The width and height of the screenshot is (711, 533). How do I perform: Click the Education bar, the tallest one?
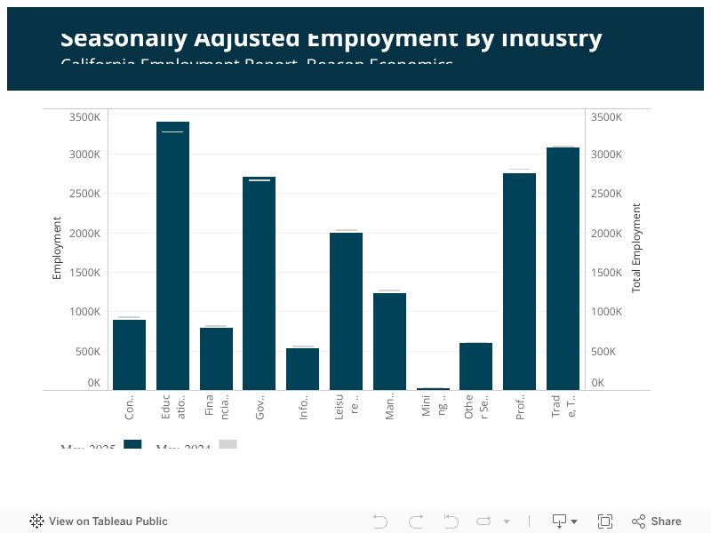(x=172, y=258)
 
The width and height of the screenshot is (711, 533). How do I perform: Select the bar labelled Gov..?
(x=259, y=284)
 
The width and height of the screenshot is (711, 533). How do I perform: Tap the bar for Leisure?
(x=346, y=311)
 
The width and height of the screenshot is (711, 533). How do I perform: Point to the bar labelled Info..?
(x=302, y=369)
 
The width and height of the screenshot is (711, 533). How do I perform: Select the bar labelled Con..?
(x=129, y=354)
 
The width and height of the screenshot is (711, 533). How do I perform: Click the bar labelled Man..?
(x=389, y=341)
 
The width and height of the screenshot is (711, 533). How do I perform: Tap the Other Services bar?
(x=475, y=366)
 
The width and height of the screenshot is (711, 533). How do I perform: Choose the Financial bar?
(x=216, y=359)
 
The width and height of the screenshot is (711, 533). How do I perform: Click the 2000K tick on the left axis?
(x=86, y=234)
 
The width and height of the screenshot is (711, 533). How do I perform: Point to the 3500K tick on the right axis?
(x=607, y=117)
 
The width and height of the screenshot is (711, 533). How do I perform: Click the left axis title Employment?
(x=57, y=248)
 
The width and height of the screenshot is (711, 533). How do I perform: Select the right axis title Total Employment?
(x=636, y=248)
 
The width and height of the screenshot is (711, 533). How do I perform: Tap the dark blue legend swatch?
(x=132, y=444)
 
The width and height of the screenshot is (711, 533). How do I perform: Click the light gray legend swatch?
(x=228, y=444)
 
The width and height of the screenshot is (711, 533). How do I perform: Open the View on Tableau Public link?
(x=99, y=521)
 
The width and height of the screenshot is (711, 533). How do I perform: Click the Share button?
(x=657, y=521)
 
